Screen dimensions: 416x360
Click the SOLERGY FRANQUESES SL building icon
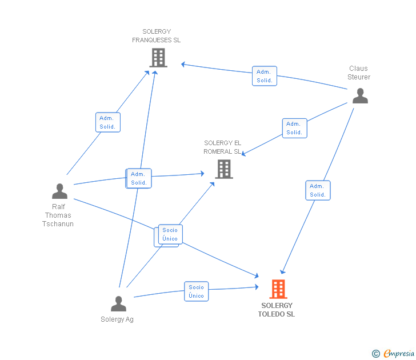coord(158,58)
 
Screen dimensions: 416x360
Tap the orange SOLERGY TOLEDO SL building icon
coord(278,289)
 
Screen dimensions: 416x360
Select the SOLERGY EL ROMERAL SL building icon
coord(224,169)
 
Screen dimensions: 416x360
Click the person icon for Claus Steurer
coord(360,96)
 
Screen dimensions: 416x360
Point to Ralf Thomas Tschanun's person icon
coord(59,191)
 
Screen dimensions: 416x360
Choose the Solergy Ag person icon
coord(119,303)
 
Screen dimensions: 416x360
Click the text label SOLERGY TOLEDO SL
coord(277,310)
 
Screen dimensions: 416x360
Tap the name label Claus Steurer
coord(359,73)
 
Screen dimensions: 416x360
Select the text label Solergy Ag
coord(117,319)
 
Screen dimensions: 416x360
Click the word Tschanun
coord(58,224)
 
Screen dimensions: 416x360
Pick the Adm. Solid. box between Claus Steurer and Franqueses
coord(265,76)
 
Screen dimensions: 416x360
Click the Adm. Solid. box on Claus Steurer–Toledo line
coord(318,190)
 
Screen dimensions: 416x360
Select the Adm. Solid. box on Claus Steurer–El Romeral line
coord(294,128)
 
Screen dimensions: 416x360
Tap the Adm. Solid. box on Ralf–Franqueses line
coord(108,122)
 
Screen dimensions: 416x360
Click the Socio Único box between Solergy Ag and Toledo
coord(197,291)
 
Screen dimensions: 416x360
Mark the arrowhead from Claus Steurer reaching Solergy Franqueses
coord(183,64)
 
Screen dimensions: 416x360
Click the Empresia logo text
coord(399,354)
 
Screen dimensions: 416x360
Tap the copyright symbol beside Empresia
coord(376,354)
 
